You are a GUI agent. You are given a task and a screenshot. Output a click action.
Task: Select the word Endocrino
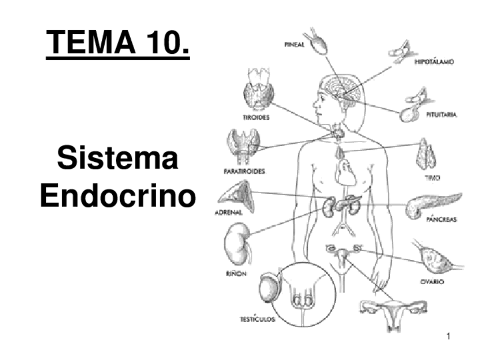117,196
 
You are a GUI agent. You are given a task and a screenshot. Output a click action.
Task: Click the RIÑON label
232,273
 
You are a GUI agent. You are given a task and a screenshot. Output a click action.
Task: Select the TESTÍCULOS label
257,319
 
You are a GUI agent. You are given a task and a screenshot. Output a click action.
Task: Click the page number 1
448,338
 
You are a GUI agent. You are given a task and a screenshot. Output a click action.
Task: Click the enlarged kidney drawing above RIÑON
236,243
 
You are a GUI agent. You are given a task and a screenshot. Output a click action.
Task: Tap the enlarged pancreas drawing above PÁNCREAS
433,203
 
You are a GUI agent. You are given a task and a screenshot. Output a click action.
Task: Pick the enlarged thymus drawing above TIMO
426,154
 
